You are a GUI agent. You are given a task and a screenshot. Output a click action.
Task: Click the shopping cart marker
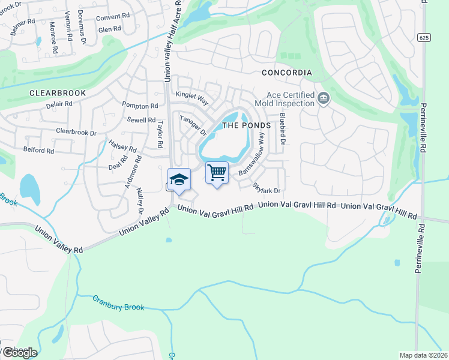pyautogui.click(x=217, y=173)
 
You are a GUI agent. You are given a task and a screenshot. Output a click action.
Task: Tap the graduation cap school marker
pyautogui.click(x=179, y=179)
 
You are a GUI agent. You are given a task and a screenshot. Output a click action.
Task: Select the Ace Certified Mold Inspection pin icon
pyautogui.click(x=324, y=98)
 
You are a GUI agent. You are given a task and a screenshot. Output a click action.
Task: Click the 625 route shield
pyautogui.click(x=423, y=37)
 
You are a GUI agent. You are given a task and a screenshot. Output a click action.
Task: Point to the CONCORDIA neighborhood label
pyautogui.click(x=287, y=73)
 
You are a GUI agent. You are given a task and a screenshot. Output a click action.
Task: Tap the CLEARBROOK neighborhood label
pyautogui.click(x=58, y=93)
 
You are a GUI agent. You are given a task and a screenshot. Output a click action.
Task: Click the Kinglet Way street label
pyautogui.click(x=191, y=95)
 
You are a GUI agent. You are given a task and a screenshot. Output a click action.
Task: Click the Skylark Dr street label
pyautogui.click(x=267, y=188)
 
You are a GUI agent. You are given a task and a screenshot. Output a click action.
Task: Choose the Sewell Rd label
pyautogui.click(x=141, y=120)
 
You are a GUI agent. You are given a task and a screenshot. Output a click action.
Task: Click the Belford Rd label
pyautogui.click(x=38, y=149)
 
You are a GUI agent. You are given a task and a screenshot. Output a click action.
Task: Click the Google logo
pyautogui.click(x=19, y=353)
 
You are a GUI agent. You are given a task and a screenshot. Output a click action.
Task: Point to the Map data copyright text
pyautogui.click(x=423, y=355)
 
